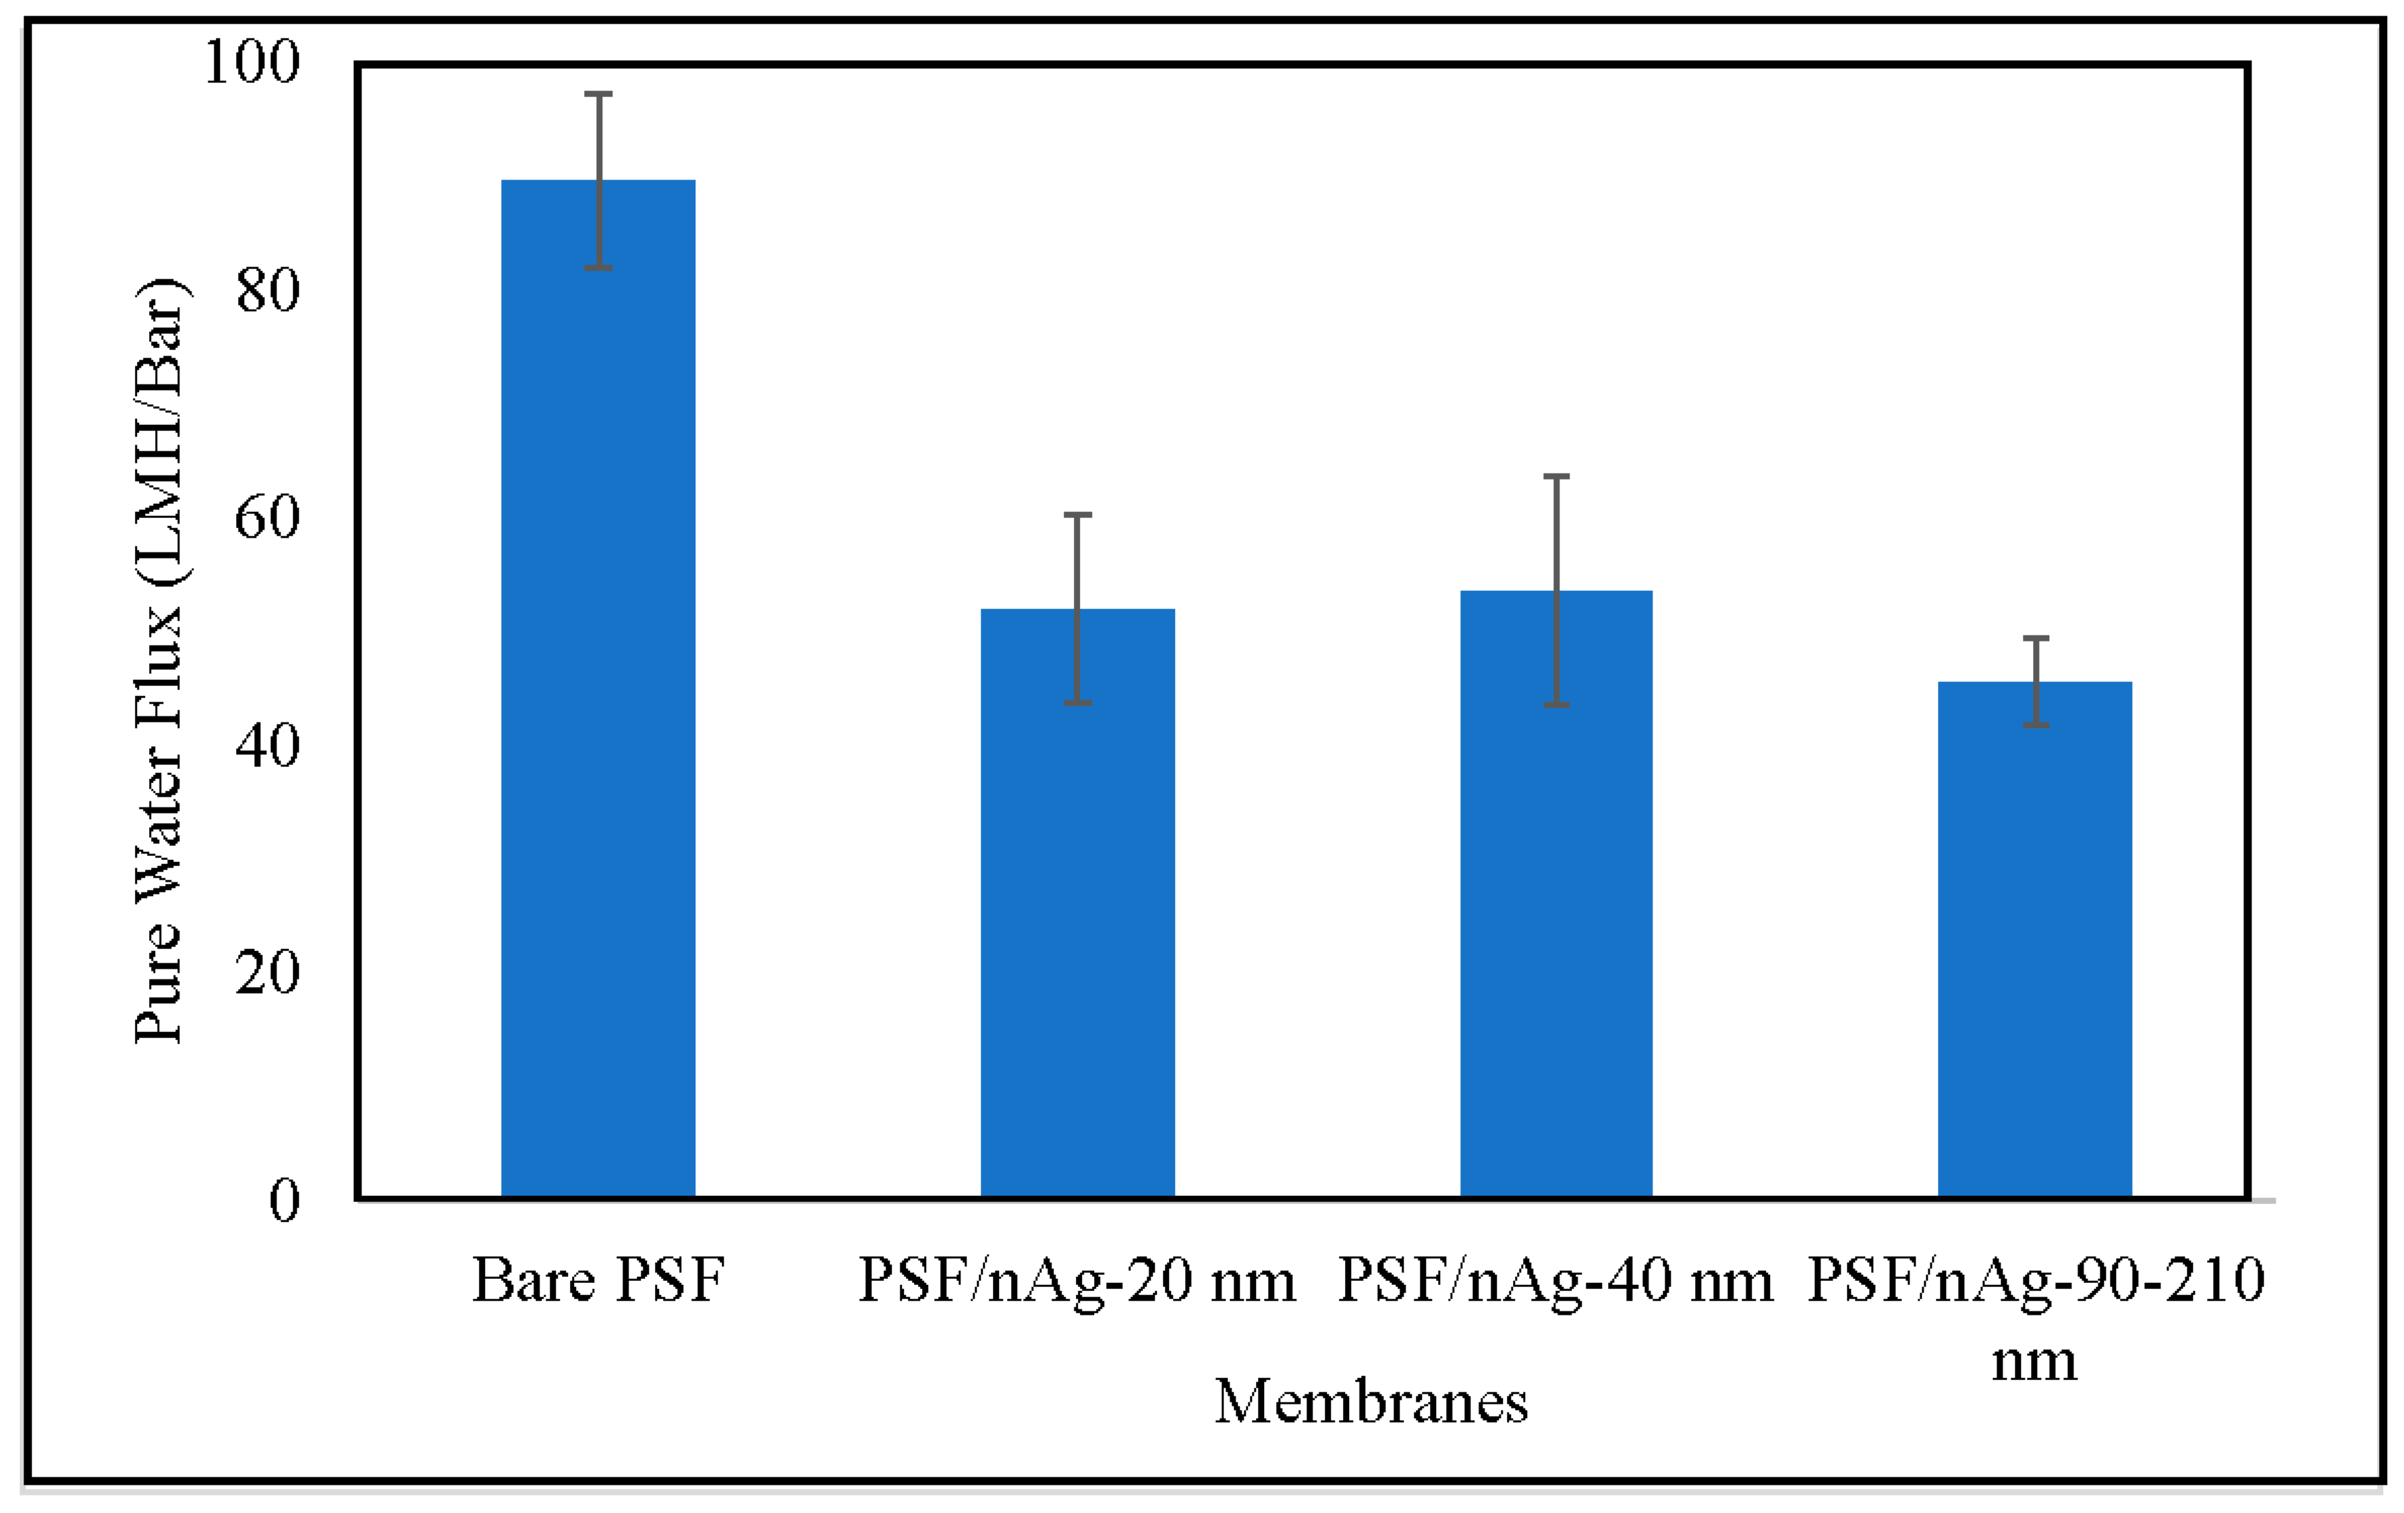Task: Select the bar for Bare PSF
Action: [x=598, y=689]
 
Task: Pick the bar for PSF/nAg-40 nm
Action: [x=1556, y=894]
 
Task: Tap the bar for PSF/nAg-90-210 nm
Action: [x=2034, y=939]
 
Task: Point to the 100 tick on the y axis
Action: [x=252, y=62]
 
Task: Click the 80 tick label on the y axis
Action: [x=268, y=291]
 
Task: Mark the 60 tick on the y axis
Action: [x=268, y=517]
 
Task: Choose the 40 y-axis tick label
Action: [x=268, y=745]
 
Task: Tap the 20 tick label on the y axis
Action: [x=268, y=972]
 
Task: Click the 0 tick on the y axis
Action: [x=285, y=1199]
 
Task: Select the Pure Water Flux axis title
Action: [x=160, y=661]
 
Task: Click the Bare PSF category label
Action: [x=598, y=1280]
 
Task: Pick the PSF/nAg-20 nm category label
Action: [x=1077, y=1280]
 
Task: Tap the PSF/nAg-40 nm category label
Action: [x=1555, y=1280]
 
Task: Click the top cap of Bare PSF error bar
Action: [x=598, y=94]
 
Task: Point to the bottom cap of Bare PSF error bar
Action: [x=598, y=268]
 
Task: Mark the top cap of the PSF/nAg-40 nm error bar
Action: [x=1556, y=476]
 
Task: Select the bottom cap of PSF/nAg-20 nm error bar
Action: [x=1077, y=703]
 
